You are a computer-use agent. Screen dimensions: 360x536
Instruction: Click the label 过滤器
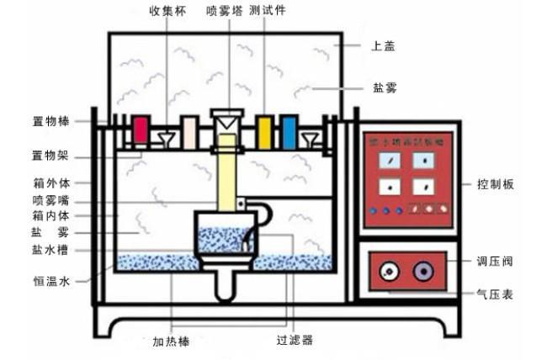pos(295,341)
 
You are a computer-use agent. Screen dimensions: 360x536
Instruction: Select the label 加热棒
pos(172,342)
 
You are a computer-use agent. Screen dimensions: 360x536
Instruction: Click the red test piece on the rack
pos(141,130)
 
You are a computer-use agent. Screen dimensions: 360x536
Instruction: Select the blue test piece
pos(289,130)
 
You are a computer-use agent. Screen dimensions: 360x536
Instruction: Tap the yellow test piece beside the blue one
pos(264,130)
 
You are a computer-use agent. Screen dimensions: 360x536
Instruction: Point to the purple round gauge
pos(421,272)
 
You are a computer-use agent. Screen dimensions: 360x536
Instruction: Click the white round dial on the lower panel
pos(388,272)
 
